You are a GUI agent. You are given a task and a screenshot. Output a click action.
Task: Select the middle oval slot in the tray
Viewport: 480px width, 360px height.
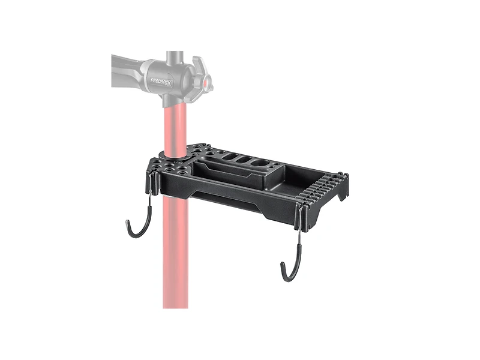(x=245, y=161)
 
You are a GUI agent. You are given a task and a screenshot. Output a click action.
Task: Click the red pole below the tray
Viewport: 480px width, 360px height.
(x=175, y=264)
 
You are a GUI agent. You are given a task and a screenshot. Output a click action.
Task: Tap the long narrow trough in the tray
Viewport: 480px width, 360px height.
(x=234, y=170)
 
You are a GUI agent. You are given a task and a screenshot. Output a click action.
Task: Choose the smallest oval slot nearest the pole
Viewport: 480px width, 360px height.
(x=229, y=159)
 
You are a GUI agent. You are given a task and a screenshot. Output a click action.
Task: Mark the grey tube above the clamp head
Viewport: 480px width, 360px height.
(x=176, y=55)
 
